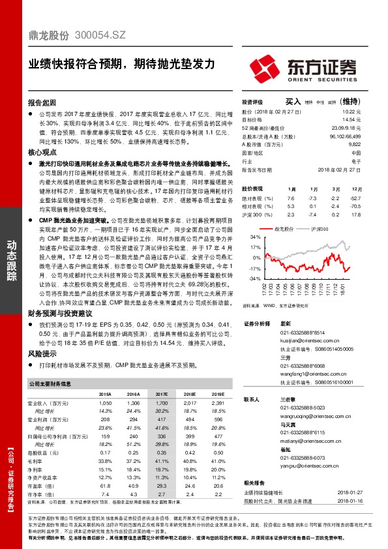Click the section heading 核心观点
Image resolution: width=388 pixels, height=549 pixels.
tap(42, 151)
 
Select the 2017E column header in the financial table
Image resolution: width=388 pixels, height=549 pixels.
tap(162, 394)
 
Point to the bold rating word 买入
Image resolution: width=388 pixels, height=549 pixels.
tap(293, 102)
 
